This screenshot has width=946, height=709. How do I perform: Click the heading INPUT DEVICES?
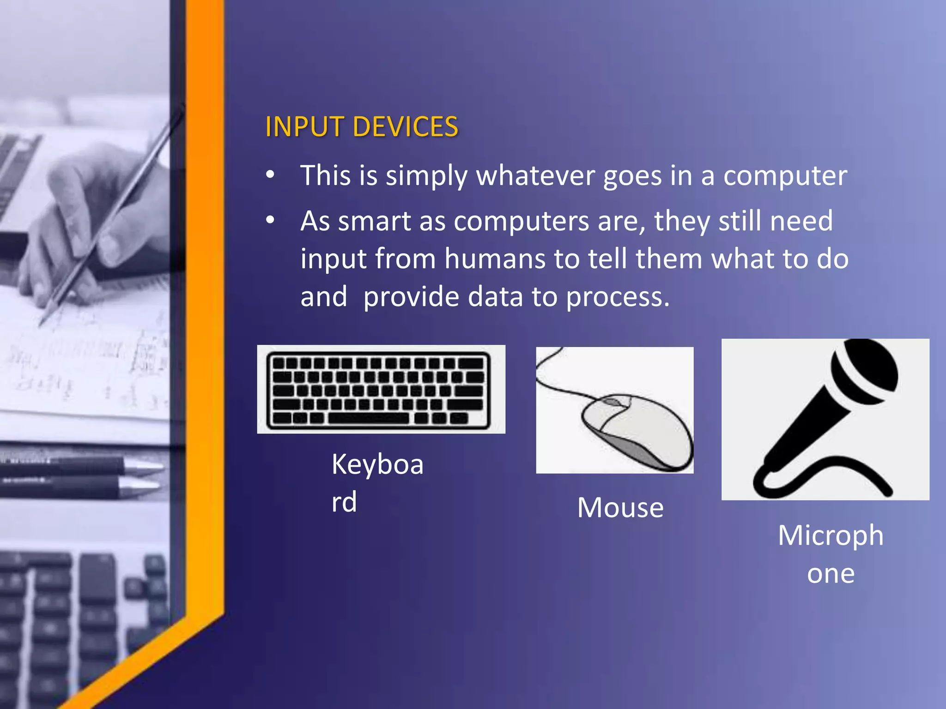click(x=361, y=127)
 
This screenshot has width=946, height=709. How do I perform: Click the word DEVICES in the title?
click(x=405, y=127)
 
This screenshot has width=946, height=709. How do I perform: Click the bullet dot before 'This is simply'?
click(x=270, y=175)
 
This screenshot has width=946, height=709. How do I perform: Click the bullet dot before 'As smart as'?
click(x=270, y=220)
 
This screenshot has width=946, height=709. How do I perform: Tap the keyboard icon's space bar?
click(x=368, y=418)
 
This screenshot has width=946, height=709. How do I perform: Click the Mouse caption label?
click(x=620, y=508)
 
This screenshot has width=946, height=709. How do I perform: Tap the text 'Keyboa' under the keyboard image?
click(x=377, y=464)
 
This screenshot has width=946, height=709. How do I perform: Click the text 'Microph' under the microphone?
click(x=831, y=536)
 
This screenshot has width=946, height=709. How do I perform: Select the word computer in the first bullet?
click(x=785, y=176)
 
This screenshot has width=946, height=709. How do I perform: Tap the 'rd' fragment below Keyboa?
click(x=344, y=502)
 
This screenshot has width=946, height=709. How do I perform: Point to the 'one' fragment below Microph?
click(x=831, y=574)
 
